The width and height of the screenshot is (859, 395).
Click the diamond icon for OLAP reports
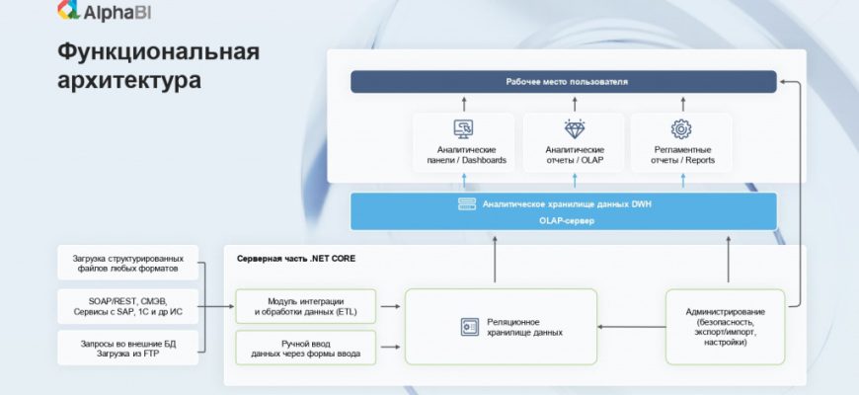tap(574, 129)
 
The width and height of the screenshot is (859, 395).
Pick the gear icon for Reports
tap(680, 129)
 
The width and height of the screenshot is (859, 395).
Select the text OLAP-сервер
tap(563, 221)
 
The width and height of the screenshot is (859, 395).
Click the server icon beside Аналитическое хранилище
tap(466, 204)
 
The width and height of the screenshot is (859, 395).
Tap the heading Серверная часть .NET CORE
tap(296, 259)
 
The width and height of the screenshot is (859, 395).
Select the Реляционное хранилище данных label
tap(526, 327)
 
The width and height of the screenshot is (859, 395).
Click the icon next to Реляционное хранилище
tap(469, 327)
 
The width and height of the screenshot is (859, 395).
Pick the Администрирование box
tap(725, 325)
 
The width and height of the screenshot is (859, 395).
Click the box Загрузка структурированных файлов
tap(128, 263)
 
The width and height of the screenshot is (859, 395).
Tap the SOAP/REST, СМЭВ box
tap(128, 304)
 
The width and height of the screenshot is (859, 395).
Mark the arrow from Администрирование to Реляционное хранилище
tap(632, 327)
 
